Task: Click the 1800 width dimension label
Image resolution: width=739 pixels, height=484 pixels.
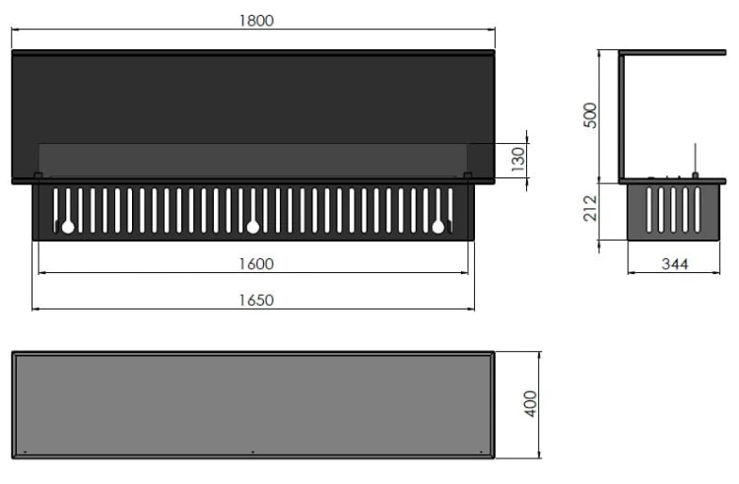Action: (256, 21)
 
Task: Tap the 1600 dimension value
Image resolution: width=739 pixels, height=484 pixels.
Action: (256, 264)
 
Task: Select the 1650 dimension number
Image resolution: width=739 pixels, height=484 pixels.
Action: (256, 301)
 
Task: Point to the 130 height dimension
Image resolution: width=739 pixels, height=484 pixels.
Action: (518, 160)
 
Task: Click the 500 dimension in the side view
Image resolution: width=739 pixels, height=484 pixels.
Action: (590, 115)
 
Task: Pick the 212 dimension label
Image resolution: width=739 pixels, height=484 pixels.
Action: (590, 208)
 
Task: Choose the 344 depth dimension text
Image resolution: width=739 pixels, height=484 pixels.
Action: (675, 264)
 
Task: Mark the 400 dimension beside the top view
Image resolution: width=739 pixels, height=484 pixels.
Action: (531, 404)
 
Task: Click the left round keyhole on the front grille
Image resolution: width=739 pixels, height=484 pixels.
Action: (68, 227)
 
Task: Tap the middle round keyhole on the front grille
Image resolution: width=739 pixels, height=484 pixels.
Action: (253, 227)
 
